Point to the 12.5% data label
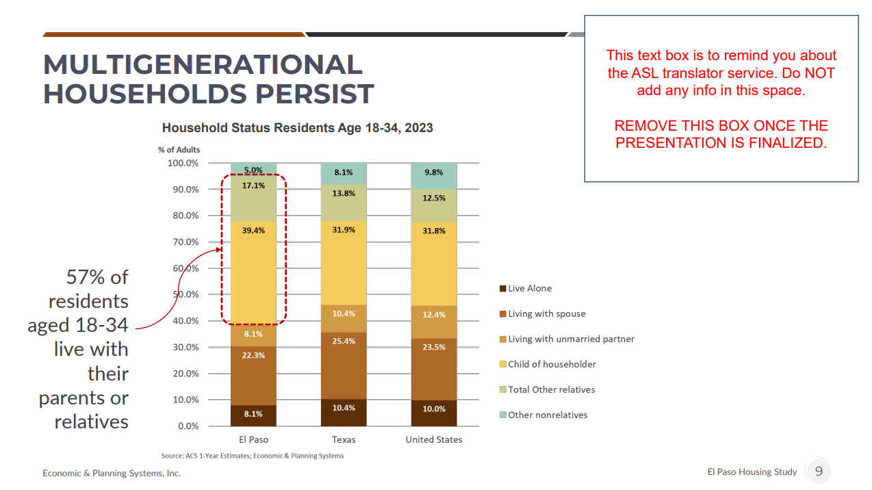(434, 198)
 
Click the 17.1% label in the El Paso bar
(253, 185)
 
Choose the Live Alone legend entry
(529, 288)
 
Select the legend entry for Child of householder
(552, 364)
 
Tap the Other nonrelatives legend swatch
(503, 415)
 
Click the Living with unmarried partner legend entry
(571, 339)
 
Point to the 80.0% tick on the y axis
(183, 216)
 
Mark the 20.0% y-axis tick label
(183, 374)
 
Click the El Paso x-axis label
(253, 439)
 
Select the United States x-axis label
(434, 439)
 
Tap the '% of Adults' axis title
(179, 150)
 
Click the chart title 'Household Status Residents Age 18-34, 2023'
(297, 128)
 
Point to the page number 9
(819, 471)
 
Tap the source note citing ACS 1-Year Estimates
(253, 456)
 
